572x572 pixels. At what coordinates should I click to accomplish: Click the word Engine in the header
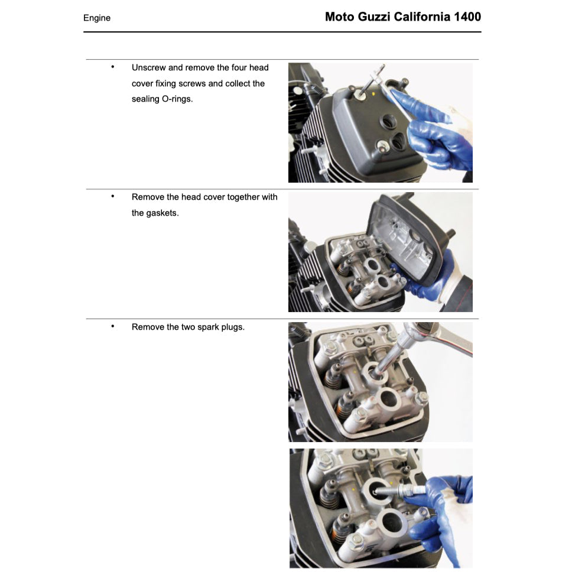(x=97, y=18)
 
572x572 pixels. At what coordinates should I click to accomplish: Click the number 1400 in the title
(x=467, y=17)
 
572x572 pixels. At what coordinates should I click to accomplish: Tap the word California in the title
(x=423, y=17)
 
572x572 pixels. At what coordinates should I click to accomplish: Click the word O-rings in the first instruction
(x=177, y=99)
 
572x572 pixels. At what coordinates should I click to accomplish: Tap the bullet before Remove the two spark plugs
(x=112, y=326)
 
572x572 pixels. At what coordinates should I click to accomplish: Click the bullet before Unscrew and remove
(x=112, y=67)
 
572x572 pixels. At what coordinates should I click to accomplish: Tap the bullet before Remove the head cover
(x=112, y=196)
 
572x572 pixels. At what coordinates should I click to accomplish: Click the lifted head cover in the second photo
(x=408, y=236)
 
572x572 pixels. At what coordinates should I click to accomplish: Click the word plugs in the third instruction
(x=233, y=327)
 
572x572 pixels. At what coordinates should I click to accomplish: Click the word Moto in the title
(x=339, y=17)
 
